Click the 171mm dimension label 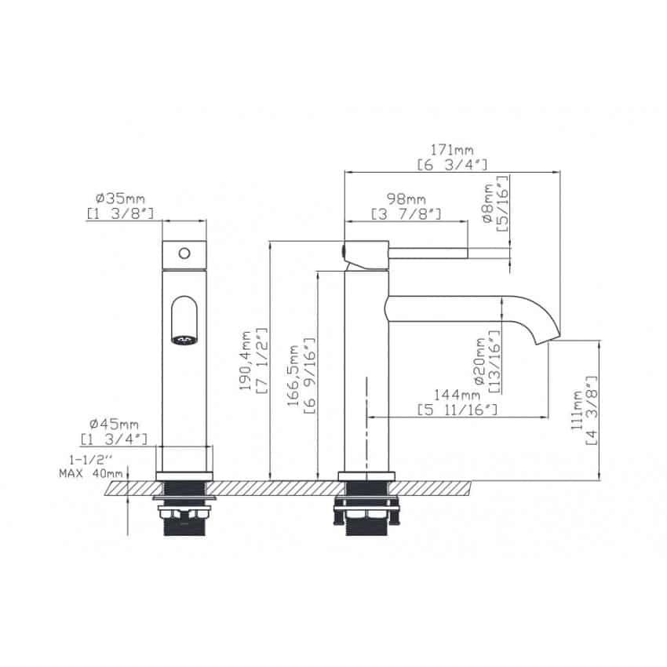(x=452, y=150)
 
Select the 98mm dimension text (x=406, y=199)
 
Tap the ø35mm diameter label (x=120, y=199)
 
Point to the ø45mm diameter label (x=114, y=424)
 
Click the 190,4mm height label (x=246, y=361)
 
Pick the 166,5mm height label (x=293, y=375)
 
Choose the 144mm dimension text (x=457, y=395)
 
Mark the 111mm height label (x=577, y=410)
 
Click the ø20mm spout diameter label (x=479, y=362)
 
